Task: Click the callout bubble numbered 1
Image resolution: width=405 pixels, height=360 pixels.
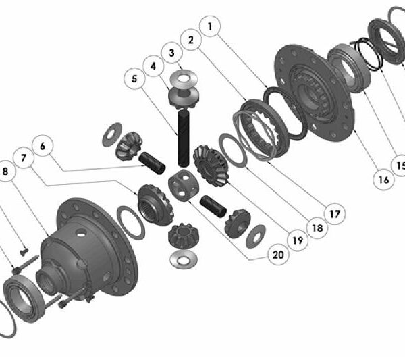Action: coord(210,26)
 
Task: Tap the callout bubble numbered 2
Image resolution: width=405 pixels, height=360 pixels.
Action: coord(191,40)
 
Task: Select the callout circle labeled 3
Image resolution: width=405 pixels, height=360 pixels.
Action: coord(171,53)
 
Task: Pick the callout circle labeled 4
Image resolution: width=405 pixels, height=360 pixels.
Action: coord(153,66)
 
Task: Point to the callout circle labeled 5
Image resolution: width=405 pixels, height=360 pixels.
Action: coord(134,78)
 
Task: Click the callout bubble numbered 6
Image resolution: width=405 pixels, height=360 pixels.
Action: coord(43,146)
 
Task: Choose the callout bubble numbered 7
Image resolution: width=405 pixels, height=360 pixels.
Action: coord(24,157)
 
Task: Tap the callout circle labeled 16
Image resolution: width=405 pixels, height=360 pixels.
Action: coord(384,180)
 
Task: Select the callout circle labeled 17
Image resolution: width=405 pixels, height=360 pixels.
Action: coord(335,213)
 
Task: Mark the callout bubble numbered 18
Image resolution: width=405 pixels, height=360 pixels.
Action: coord(317,228)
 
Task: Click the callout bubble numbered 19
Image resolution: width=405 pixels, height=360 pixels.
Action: coord(298,240)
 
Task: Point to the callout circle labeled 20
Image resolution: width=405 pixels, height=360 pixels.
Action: coord(278,255)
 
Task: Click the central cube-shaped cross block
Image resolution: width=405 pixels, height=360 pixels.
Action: coord(184,185)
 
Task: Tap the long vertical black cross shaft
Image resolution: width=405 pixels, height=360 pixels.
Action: coord(184,138)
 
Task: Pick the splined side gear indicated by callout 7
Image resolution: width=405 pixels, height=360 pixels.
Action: coord(155,205)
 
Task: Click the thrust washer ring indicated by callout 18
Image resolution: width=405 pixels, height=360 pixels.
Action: coord(233,151)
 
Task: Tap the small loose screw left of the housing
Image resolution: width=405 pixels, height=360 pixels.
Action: coord(24,251)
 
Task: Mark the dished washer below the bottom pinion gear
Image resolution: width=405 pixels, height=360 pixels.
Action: coord(184,259)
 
